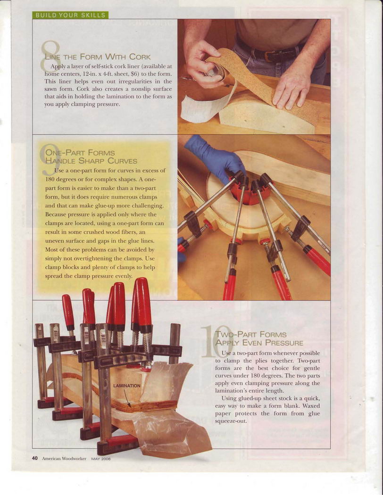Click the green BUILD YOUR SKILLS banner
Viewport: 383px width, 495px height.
70,15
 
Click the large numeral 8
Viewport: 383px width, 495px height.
50,56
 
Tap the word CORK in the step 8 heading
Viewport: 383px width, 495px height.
140,57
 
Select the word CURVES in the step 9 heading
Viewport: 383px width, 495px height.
123,161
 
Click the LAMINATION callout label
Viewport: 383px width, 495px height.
126,386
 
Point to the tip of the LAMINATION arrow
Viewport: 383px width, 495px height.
130,407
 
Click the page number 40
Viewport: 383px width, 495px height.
35,458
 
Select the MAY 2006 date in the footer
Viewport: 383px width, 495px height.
101,459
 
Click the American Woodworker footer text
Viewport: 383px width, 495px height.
64,458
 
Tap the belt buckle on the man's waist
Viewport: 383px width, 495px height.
270,56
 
